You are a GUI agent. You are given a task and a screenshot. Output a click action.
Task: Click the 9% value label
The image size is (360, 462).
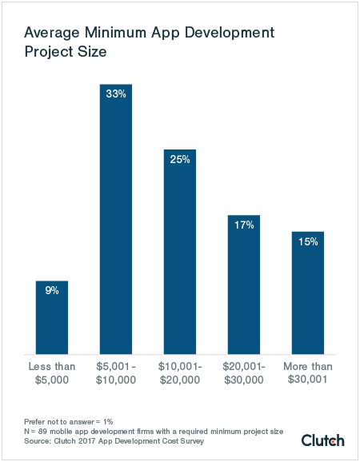[52, 291]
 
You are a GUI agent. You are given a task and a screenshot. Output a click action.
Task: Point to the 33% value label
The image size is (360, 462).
[116, 94]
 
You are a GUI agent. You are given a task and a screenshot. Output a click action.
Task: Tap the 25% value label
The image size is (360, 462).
[180, 160]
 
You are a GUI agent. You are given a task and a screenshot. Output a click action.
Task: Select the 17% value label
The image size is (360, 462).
[244, 225]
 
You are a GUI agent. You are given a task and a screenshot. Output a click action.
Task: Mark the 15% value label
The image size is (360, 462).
[308, 242]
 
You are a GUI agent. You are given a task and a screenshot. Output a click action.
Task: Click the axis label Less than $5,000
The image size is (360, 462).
[52, 373]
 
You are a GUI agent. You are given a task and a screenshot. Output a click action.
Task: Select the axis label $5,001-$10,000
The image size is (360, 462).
[116, 373]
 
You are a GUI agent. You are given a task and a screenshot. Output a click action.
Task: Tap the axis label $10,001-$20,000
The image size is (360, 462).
[180, 373]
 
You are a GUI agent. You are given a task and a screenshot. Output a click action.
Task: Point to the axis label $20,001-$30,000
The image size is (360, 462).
[244, 373]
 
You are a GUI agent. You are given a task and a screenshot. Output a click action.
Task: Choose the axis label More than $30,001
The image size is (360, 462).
[308, 373]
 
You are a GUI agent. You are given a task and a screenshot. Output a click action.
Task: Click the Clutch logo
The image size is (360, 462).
[322, 440]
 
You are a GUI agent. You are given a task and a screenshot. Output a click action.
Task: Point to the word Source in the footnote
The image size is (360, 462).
[38, 440]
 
